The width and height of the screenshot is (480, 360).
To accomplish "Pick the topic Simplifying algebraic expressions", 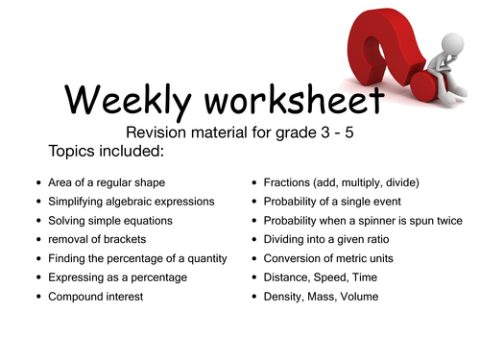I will pos(134,202).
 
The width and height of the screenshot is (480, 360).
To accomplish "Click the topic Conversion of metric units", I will pos(332,259).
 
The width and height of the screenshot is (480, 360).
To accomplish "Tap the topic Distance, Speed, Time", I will pos(324,278).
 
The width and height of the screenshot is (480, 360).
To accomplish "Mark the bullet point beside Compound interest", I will pos(36,298).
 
